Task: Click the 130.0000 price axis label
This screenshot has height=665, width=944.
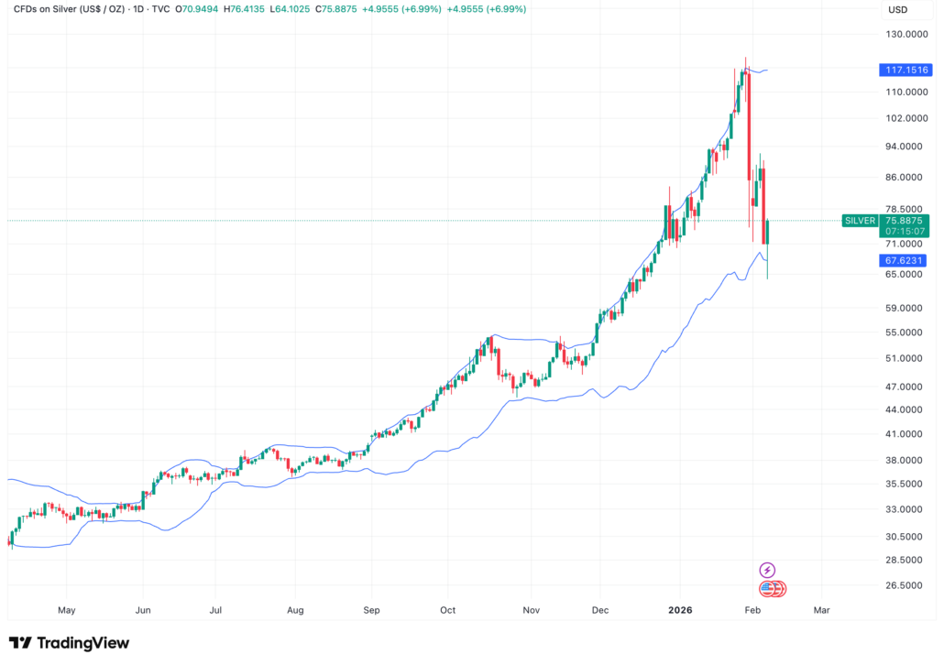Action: (x=902, y=35)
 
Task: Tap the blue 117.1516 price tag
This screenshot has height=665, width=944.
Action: (x=905, y=70)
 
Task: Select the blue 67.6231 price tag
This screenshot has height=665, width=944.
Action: (x=905, y=260)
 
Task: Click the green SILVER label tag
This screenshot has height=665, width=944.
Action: (x=860, y=221)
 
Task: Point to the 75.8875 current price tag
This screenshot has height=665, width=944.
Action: (x=905, y=220)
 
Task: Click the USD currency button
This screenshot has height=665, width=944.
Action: (x=899, y=10)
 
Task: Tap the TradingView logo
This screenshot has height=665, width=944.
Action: (x=69, y=643)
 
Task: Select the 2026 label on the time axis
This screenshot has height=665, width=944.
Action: (x=680, y=609)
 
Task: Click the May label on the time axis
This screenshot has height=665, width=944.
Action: (x=66, y=609)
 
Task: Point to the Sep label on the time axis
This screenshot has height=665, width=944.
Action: (x=371, y=609)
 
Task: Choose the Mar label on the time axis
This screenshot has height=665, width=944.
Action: (x=821, y=609)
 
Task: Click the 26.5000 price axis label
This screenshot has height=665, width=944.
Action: (x=902, y=585)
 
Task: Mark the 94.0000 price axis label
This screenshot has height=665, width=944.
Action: (x=902, y=147)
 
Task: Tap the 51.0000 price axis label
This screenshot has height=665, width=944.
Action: (x=902, y=358)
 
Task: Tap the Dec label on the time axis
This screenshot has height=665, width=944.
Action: (x=600, y=609)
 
